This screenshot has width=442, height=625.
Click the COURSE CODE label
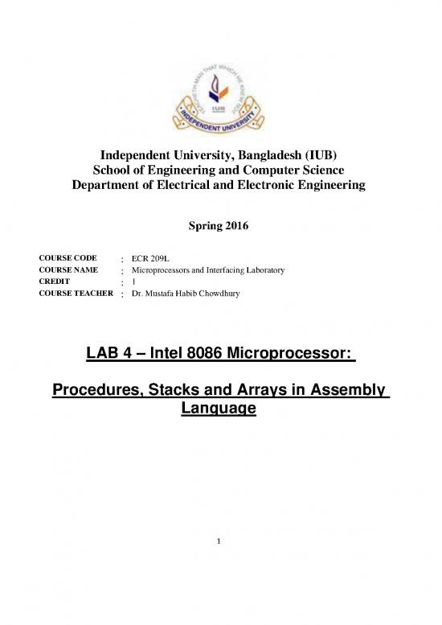coord(63,259)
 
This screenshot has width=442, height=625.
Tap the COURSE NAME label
coord(63,271)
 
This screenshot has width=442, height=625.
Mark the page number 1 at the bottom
coord(220,541)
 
